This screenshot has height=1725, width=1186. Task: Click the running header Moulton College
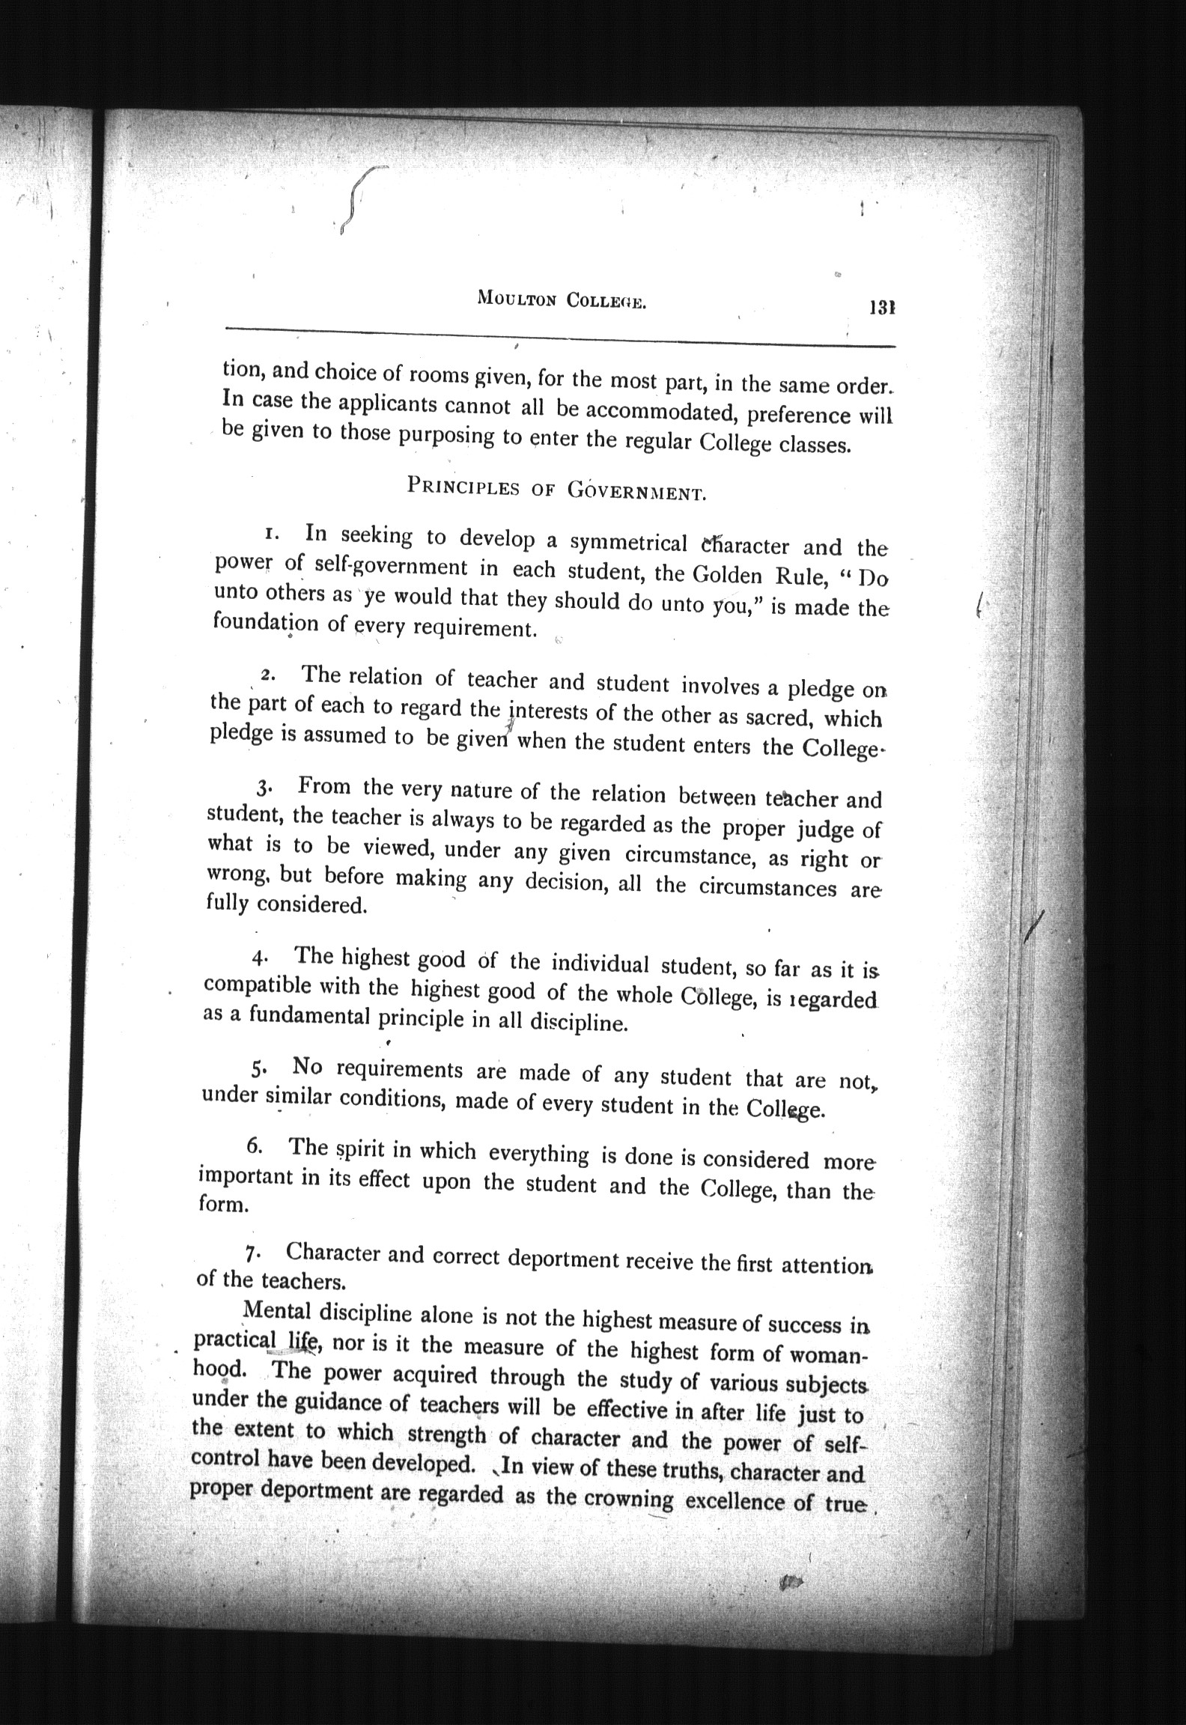(x=561, y=300)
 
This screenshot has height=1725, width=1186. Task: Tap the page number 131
(x=883, y=307)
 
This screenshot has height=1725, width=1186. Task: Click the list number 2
(x=268, y=675)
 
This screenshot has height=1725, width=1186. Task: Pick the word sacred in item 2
(x=776, y=717)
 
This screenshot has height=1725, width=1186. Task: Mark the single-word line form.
(x=222, y=1205)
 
